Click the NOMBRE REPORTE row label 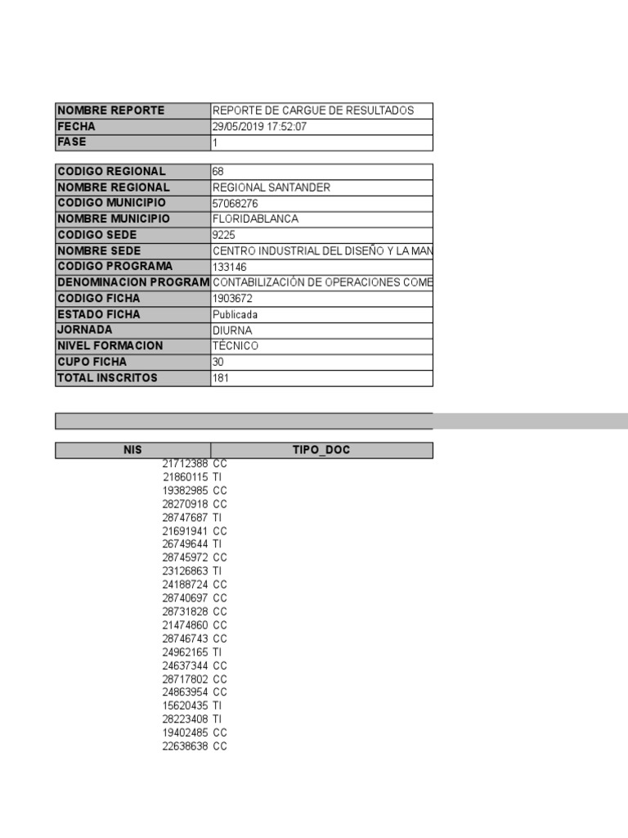110,110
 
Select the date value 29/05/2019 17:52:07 259,127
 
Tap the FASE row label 72,142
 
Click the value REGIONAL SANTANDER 271,187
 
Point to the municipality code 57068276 235,203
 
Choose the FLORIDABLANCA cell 255,219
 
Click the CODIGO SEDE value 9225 223,235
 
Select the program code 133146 230,267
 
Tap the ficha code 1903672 232,299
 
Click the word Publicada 235,314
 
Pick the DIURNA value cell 232,331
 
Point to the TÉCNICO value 235,346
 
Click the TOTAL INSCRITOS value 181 221,378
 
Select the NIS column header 132,450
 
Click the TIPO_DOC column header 321,450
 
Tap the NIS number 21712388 185,464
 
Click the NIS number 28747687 185,517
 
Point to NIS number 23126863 185,571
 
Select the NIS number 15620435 185,705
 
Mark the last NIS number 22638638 185,746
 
